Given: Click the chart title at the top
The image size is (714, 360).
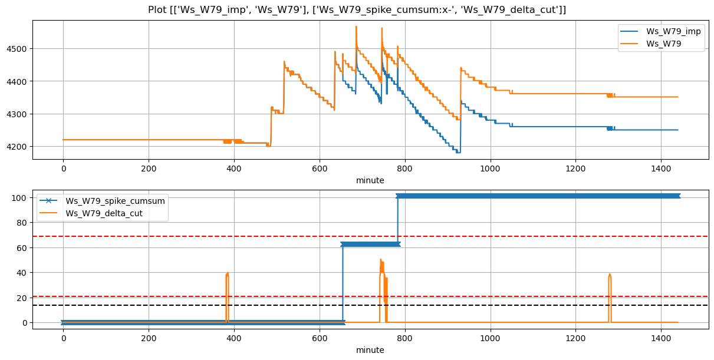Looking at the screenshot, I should point(357,9).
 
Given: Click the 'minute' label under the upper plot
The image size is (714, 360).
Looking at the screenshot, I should point(370,180).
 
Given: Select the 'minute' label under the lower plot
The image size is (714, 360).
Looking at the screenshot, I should point(370,350).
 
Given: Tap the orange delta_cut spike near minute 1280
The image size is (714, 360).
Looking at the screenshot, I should point(610,275).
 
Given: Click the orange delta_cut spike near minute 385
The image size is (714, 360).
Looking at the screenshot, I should point(227,275).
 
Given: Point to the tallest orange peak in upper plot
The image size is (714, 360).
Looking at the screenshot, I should point(356,27).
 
